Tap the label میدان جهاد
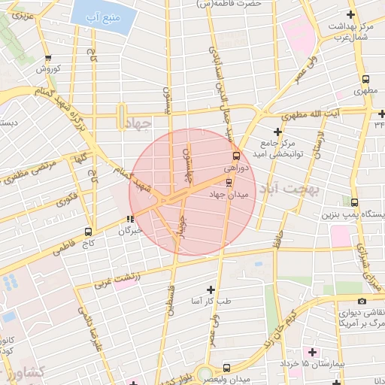[229, 196]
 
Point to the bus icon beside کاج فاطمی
[89, 232]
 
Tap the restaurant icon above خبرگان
[130, 220]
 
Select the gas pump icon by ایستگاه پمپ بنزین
[355, 202]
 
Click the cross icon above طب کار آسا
[210, 290]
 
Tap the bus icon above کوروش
[48, 57]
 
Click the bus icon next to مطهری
[365, 80]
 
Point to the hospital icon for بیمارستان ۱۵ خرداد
[312, 352]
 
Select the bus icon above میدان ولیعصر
[226, 368]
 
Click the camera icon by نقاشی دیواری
[362, 301]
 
